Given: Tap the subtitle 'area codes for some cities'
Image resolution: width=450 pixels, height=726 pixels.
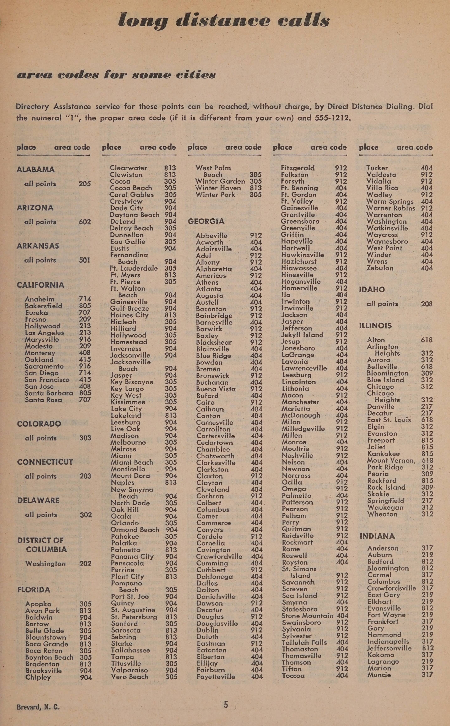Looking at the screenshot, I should (116, 74).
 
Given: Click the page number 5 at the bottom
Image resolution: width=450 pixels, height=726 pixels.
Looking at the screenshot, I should (226, 705).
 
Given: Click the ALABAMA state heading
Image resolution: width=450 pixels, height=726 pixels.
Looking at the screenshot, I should (35, 170).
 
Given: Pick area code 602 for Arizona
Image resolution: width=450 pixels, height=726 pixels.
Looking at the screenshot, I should (85, 222).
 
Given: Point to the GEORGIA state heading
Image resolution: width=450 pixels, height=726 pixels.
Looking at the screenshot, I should (206, 222).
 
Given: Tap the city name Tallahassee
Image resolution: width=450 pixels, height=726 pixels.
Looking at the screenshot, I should (130, 650).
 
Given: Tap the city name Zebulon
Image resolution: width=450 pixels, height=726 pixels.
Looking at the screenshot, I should (380, 268).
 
